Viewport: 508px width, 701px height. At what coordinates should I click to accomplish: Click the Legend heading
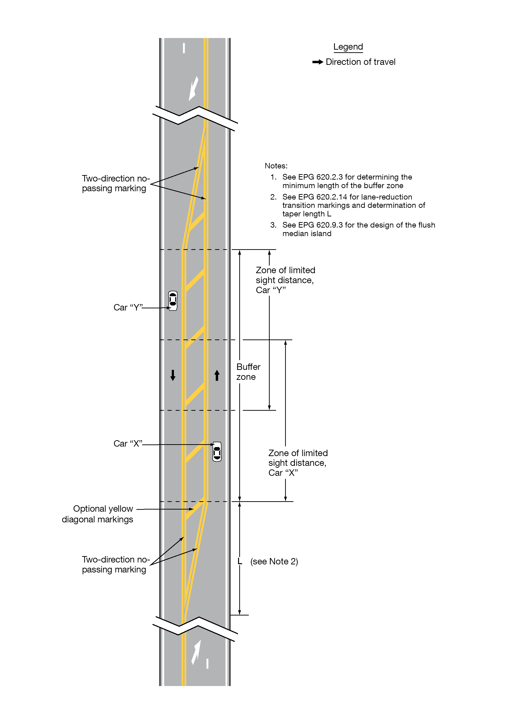[348, 47]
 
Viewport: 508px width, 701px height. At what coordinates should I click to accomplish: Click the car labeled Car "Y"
[173, 300]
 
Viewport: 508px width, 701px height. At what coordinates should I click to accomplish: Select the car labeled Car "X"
[217, 452]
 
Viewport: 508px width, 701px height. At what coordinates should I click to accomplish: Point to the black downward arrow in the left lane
[173, 375]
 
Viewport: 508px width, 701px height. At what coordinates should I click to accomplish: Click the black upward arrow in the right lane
[217, 375]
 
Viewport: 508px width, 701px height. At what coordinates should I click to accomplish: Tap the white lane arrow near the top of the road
[194, 88]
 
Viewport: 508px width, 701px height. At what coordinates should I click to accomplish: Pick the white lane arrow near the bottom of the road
[196, 652]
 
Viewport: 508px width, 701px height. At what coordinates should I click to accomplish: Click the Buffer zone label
[248, 372]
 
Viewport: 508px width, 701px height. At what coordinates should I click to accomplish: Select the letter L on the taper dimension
[240, 561]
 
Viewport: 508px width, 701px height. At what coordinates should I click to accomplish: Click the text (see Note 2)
[274, 561]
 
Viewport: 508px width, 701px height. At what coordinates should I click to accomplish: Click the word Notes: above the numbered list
[276, 166]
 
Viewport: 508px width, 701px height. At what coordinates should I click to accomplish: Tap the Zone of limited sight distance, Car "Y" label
[285, 280]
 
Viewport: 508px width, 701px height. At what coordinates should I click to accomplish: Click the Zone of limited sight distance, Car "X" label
[297, 463]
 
